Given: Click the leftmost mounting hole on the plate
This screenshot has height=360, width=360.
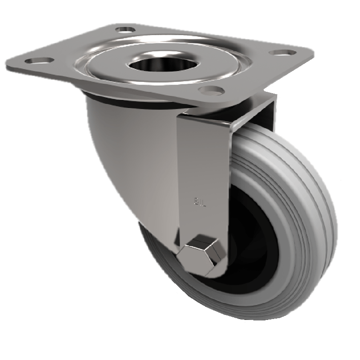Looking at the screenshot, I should [x=37, y=59].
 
